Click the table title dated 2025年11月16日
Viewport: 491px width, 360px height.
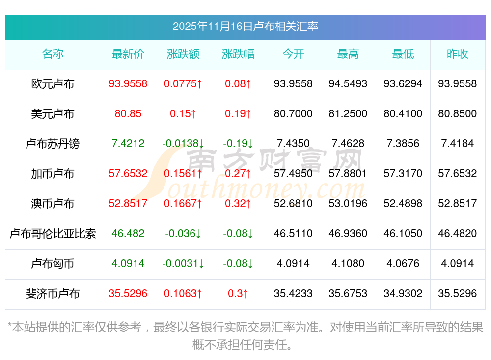[245, 26]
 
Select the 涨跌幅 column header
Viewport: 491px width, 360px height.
[238, 54]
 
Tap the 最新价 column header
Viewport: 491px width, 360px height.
[128, 54]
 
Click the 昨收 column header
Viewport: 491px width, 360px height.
[458, 54]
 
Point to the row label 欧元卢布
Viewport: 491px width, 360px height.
[53, 84]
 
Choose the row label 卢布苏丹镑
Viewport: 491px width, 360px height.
[53, 144]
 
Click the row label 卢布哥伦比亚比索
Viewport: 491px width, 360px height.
[53, 234]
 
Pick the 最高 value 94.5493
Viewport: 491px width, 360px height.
[348, 84]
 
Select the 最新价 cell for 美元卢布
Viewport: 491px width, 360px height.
[128, 114]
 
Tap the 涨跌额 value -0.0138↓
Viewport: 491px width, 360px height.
[183, 144]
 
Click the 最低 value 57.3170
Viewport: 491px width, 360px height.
[403, 174]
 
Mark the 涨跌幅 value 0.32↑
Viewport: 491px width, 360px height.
[238, 204]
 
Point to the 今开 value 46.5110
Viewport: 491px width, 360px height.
[293, 234]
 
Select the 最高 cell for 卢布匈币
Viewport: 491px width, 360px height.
[348, 264]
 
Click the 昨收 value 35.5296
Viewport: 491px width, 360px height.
[458, 294]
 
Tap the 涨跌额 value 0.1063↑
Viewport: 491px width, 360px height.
[183, 294]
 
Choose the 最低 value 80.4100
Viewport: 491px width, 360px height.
[403, 114]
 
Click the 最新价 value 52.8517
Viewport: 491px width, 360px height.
[128, 204]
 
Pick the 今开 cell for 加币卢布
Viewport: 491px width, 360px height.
[293, 174]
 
